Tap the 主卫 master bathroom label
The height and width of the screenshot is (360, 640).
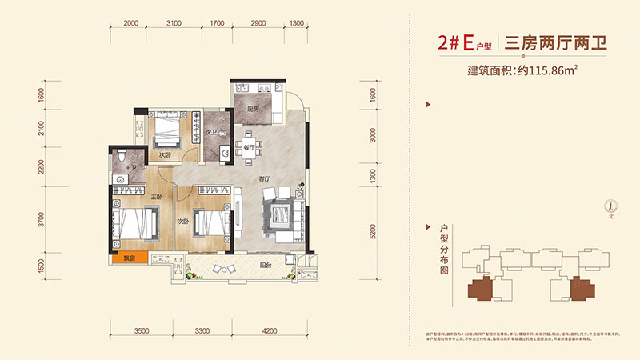pyautogui.click(x=130, y=167)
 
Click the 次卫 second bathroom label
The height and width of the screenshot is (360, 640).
pyautogui.click(x=211, y=133)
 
